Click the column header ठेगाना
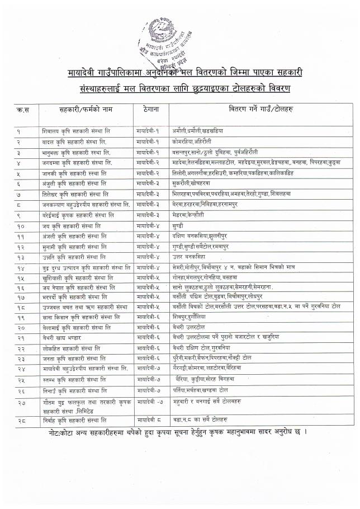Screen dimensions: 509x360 (149, 108)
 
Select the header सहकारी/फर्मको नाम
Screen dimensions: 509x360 (86, 108)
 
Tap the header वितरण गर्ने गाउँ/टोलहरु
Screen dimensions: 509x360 (264, 108)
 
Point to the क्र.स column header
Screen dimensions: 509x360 (23, 108)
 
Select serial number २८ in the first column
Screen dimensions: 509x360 (23, 419)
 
